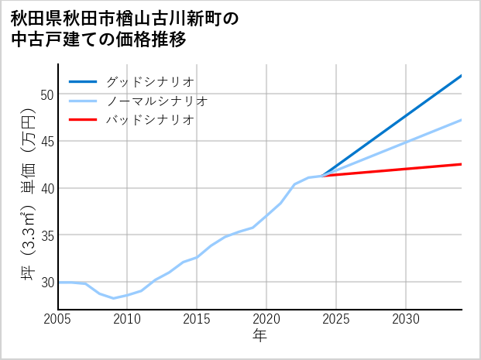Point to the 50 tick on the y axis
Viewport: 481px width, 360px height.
[47, 94]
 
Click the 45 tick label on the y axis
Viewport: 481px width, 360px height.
[47, 141]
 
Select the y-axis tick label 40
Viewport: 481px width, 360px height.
[47, 188]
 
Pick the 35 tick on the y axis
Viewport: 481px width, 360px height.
[47, 235]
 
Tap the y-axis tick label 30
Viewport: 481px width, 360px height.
[47, 282]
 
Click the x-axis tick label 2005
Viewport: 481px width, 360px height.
[58, 319]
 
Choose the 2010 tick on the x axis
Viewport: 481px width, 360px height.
[127, 319]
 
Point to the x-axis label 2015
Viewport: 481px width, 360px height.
[197, 319]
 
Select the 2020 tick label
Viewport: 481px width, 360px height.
[266, 319]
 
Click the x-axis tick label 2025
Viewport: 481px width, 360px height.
[336, 319]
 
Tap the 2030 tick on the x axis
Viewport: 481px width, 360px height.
[406, 319]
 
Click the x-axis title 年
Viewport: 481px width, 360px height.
[260, 335]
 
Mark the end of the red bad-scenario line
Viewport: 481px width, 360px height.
[462, 164]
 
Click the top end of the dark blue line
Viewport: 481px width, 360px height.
[462, 75]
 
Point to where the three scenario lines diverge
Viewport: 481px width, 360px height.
[322, 176]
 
